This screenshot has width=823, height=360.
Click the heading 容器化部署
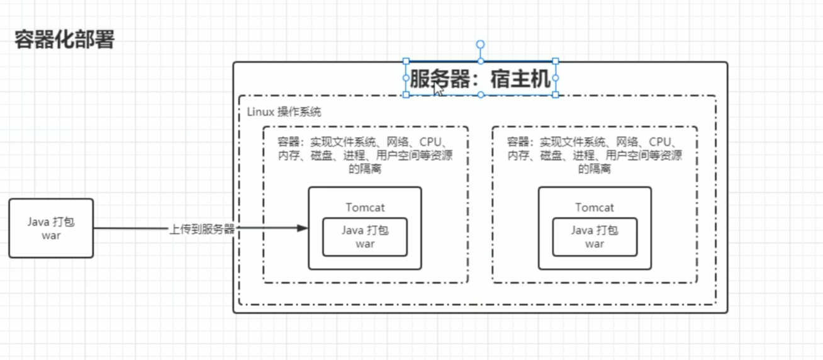coord(64,39)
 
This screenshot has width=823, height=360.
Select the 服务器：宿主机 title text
coord(480,79)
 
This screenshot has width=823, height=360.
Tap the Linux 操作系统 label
coord(284,111)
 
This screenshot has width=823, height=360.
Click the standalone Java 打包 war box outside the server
coord(51,228)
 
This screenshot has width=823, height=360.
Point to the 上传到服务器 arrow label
coord(202,229)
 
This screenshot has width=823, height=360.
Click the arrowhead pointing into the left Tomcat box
coord(302,228)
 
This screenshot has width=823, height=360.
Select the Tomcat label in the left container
coord(365,208)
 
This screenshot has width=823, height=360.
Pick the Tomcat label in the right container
coord(595,208)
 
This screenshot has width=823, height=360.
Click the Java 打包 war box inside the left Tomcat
coord(365,237)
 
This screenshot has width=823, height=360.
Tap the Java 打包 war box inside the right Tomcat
coord(595,237)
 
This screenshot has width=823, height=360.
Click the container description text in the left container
coord(365,155)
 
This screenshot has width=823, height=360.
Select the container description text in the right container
coord(595,155)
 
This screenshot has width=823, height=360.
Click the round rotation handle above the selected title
coord(480,45)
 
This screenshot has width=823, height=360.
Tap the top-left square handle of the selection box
coord(406,61)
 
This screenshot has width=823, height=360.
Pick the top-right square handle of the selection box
coord(556,61)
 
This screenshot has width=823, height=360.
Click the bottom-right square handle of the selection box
coord(556,95)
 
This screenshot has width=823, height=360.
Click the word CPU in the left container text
coord(430,142)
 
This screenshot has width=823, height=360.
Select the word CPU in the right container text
coord(660,142)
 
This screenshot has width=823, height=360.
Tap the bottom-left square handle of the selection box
coord(406,95)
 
